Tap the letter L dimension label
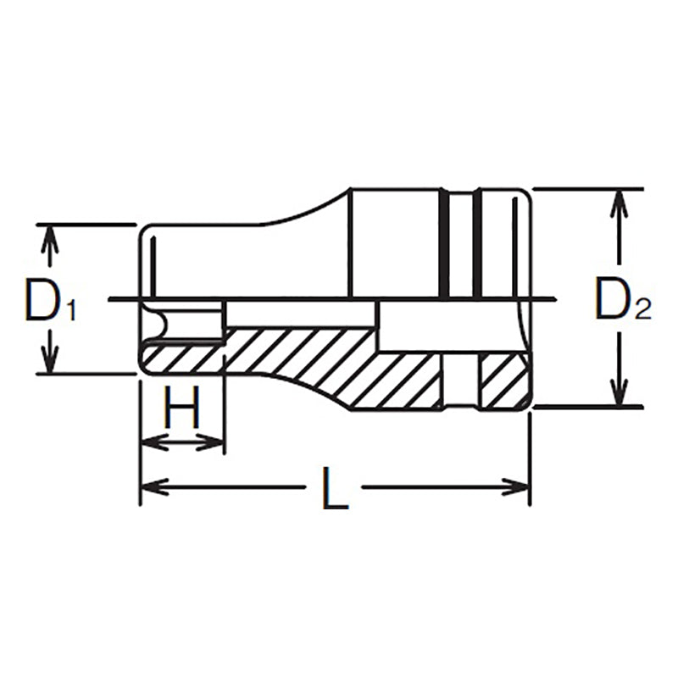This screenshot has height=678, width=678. [336, 489]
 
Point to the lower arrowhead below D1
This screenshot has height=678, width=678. [51, 359]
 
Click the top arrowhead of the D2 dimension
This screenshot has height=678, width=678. [622, 202]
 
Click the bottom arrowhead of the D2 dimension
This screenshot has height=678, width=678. [622, 393]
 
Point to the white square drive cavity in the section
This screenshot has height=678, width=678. [410, 327]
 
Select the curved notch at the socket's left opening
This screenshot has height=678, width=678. [153, 323]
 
